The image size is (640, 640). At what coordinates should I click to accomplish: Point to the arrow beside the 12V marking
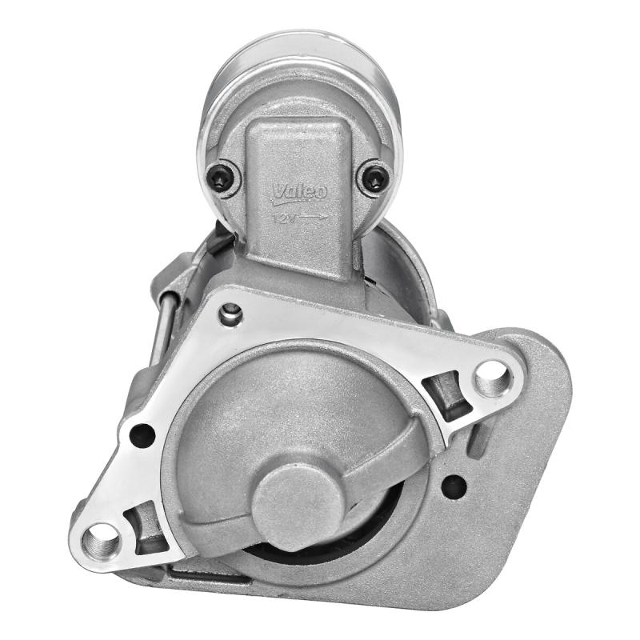313,218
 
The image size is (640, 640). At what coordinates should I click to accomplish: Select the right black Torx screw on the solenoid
374,176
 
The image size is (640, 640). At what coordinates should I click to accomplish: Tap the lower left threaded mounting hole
102,543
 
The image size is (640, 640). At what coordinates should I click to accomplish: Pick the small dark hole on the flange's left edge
142,435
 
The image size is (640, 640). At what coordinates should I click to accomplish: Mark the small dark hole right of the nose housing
454,486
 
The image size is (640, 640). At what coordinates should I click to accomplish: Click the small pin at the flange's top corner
231,312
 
